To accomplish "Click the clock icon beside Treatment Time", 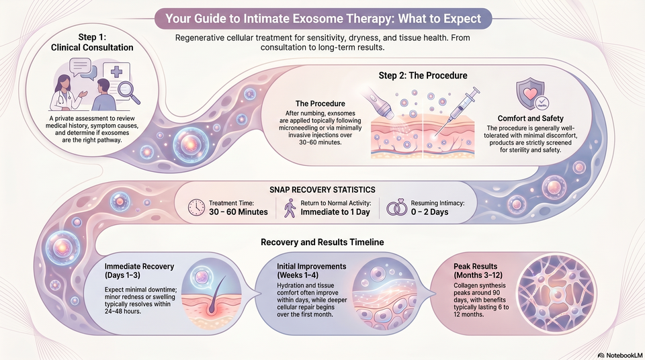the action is click(196, 208).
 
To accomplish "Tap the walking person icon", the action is click(290, 208).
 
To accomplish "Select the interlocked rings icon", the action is click(396, 208).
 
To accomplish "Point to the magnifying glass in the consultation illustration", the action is click(128, 92).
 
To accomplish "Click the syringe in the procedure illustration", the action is click(457, 111).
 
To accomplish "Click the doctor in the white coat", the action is click(67, 93).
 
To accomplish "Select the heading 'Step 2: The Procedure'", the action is click(423, 76).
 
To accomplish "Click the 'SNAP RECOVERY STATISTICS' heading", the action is click(322, 189).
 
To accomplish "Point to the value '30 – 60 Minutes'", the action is click(238, 212).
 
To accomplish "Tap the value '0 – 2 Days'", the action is click(429, 212).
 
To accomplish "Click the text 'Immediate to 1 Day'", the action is click(335, 212).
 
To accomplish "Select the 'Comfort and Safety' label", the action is click(531, 118).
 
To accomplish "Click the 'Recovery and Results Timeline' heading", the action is click(322, 242).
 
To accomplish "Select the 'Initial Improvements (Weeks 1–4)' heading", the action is click(312, 271).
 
